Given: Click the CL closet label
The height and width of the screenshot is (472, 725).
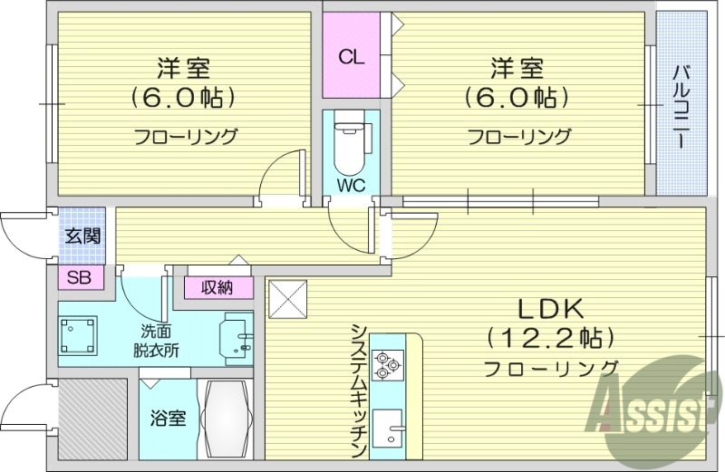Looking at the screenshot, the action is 352,57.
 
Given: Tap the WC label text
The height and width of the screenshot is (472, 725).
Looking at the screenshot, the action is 352,187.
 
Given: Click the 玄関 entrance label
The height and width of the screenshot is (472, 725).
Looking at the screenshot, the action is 82,236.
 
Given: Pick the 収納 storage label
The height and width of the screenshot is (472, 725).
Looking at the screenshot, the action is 217,288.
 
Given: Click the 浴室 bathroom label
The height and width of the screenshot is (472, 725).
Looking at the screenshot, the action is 168,419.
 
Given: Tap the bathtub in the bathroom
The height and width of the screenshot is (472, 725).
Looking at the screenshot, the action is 227,419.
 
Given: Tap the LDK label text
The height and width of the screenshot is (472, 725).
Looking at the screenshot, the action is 549,308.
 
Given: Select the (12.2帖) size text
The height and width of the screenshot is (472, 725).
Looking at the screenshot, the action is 549,338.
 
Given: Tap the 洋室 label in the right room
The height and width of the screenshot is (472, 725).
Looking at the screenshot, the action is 517,68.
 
